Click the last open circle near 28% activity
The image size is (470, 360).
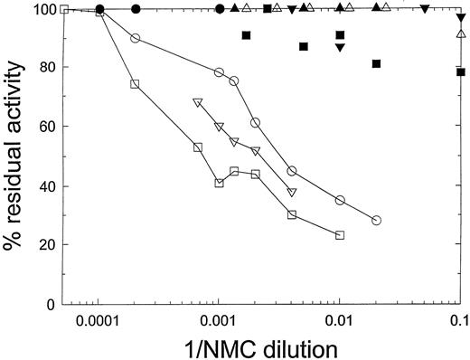(x=376, y=220)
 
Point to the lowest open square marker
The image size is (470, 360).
(x=340, y=235)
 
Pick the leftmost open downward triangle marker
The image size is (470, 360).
(x=198, y=102)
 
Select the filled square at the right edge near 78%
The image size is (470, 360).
(x=461, y=71)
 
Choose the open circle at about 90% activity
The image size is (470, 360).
(x=136, y=38)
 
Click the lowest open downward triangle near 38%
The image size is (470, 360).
(x=292, y=192)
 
